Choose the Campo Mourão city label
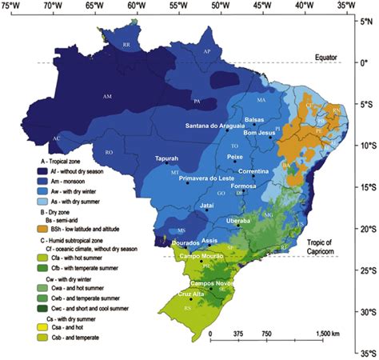[202, 256]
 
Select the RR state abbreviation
[126, 46]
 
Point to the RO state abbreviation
[110, 152]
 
